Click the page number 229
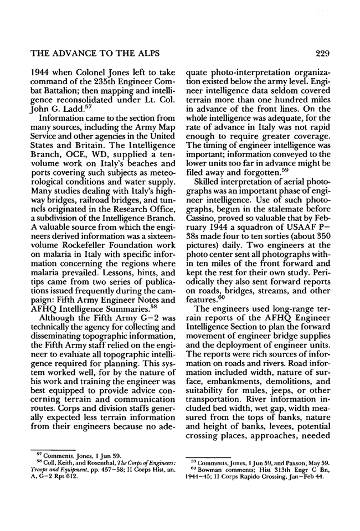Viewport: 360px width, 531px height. click(321, 54)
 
